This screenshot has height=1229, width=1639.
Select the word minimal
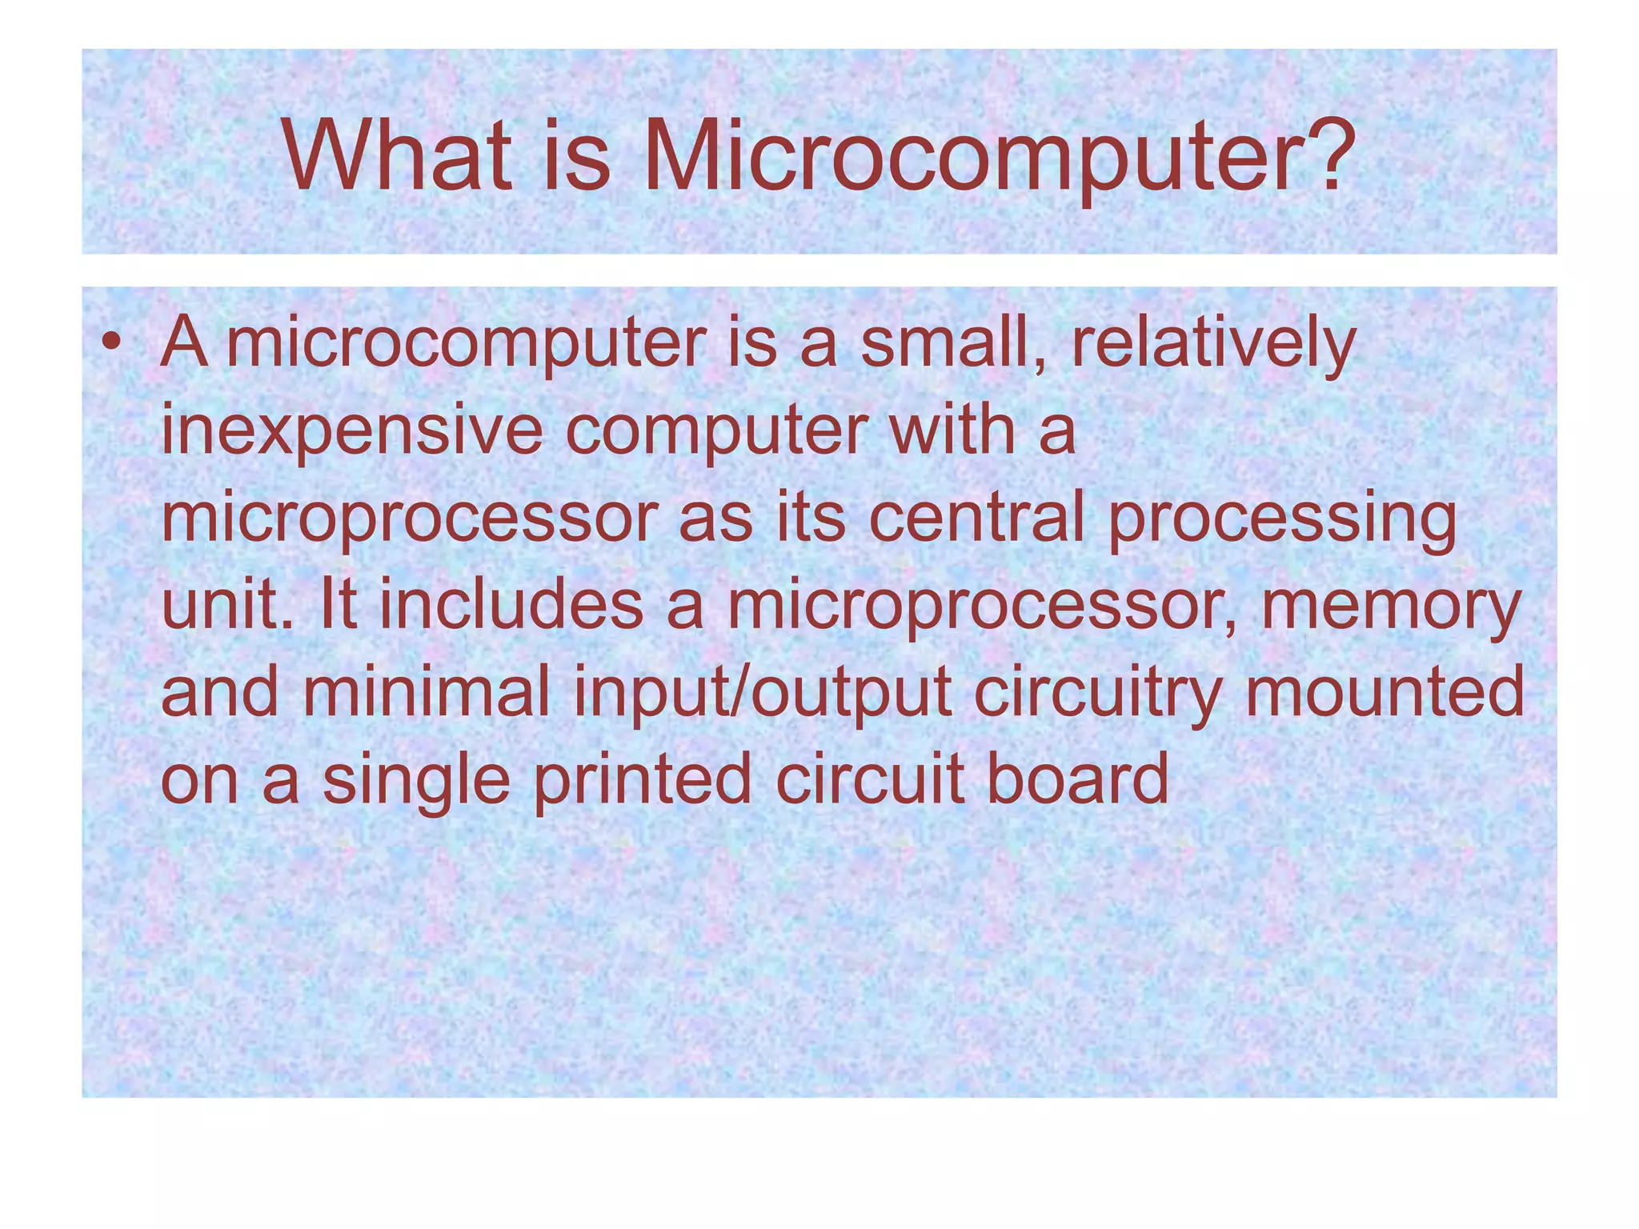pos(426,691)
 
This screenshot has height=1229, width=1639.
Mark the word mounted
pos(1385,691)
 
